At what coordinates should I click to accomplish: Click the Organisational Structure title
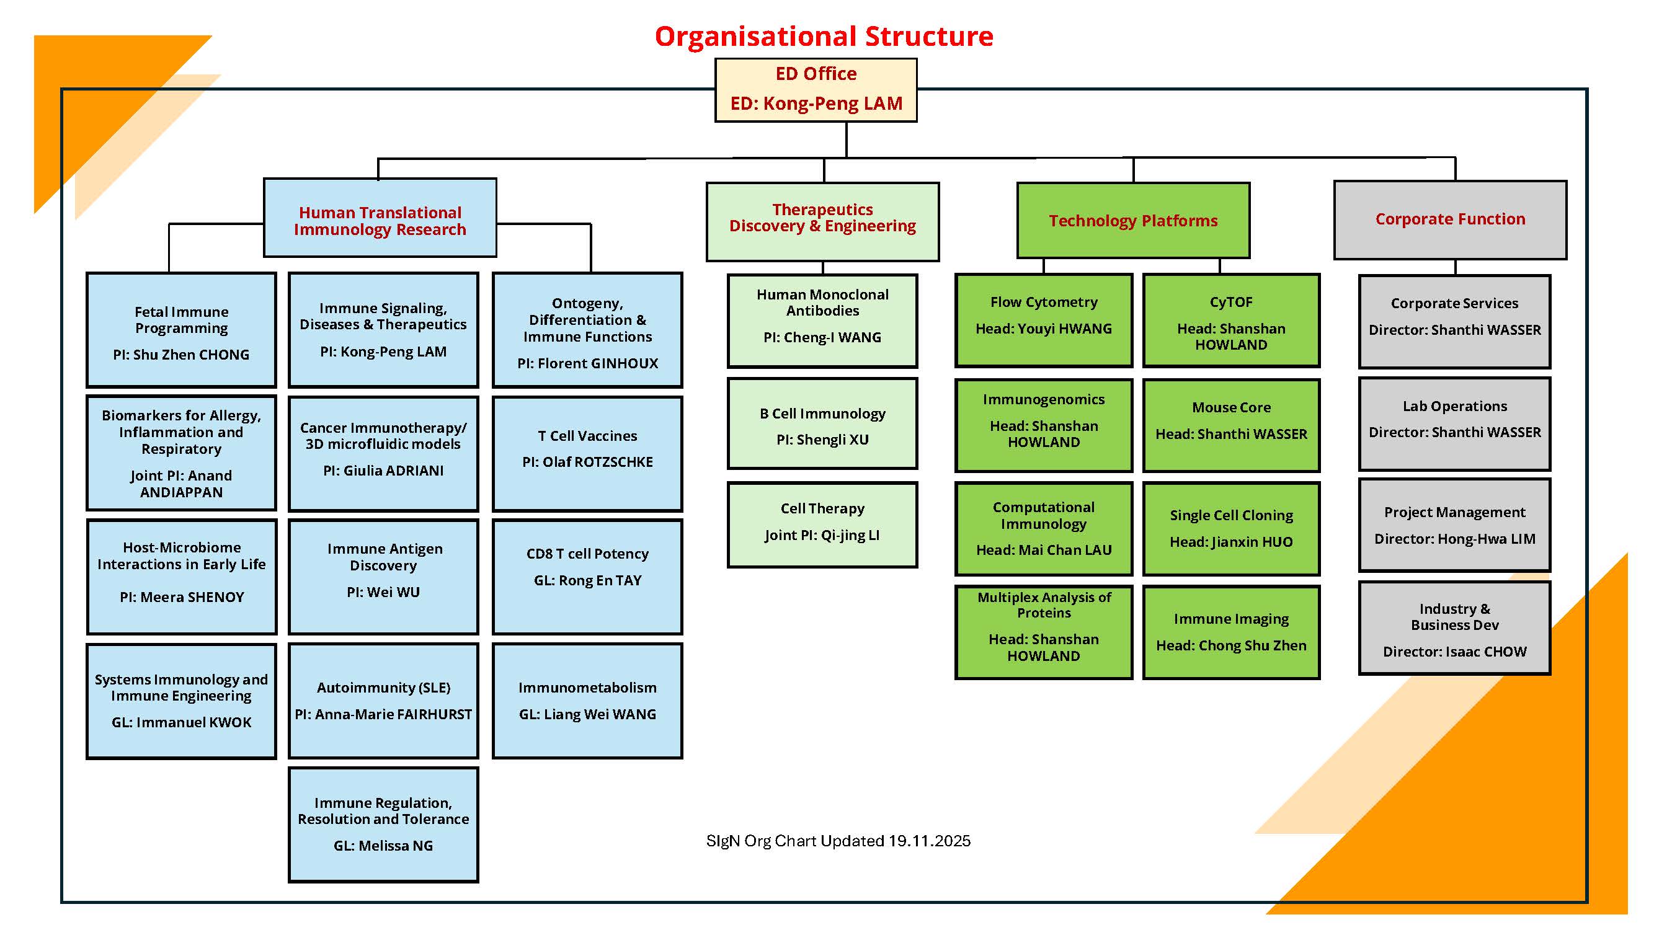pyautogui.click(x=823, y=37)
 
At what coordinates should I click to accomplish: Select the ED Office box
pyautogui.click(x=816, y=90)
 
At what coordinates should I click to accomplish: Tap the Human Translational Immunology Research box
pyautogui.click(x=380, y=218)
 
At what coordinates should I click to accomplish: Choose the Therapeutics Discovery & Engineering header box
pyautogui.click(x=822, y=221)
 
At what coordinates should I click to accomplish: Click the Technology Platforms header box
pyautogui.click(x=1132, y=220)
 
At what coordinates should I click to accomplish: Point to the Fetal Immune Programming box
pyautogui.click(x=181, y=330)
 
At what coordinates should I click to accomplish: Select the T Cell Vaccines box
pyautogui.click(x=587, y=453)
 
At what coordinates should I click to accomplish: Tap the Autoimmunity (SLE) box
pyautogui.click(x=383, y=700)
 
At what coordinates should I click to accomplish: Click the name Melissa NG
pyautogui.click(x=396, y=845)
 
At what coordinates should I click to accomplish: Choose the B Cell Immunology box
pyautogui.click(x=822, y=423)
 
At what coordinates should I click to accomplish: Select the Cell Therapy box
pyautogui.click(x=822, y=525)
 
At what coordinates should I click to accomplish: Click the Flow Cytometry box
pyautogui.click(x=1043, y=321)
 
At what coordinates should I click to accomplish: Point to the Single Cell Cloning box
pyautogui.click(x=1231, y=528)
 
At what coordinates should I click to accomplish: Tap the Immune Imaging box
pyautogui.click(x=1231, y=632)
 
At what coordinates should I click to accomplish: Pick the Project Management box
pyautogui.click(x=1454, y=525)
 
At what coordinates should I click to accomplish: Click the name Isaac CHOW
pyautogui.click(x=1485, y=652)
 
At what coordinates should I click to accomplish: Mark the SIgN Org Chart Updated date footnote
pyautogui.click(x=838, y=841)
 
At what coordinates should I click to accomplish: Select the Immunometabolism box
pyautogui.click(x=587, y=700)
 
